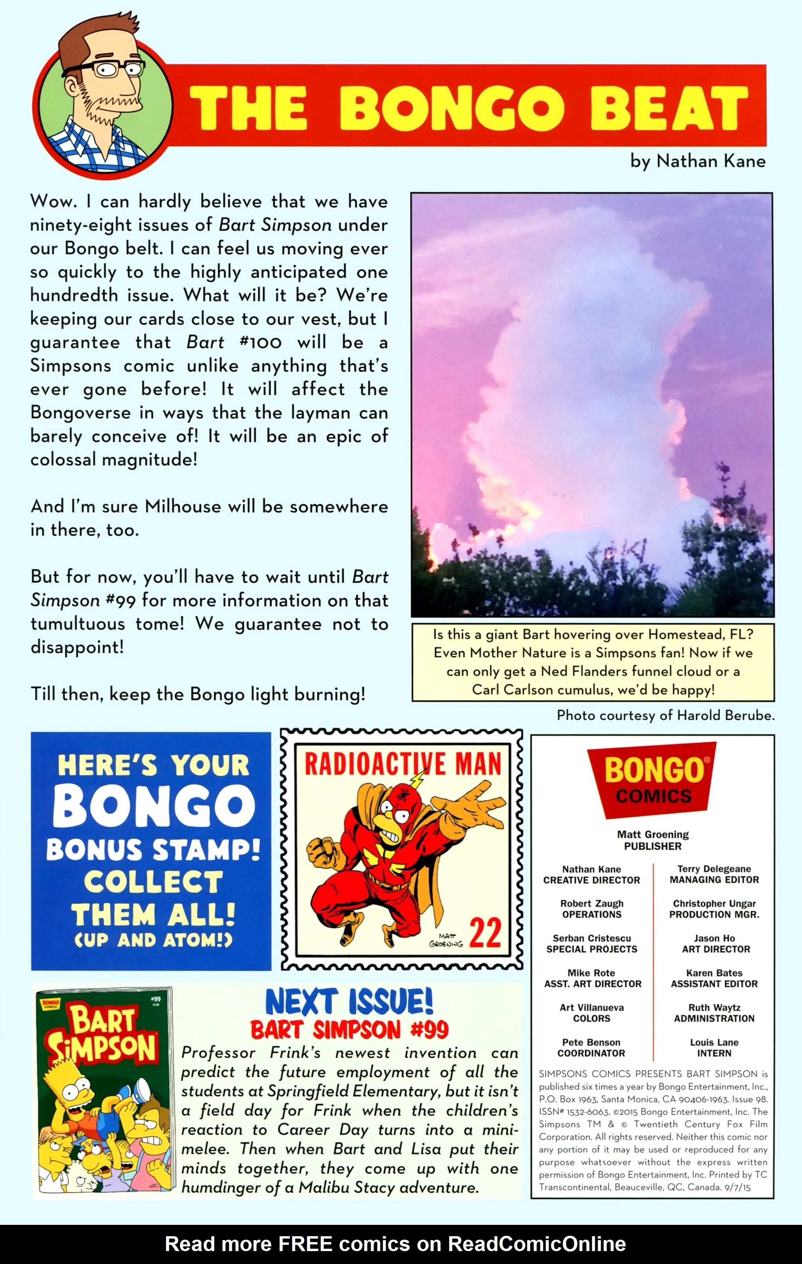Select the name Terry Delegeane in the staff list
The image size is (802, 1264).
pos(714,869)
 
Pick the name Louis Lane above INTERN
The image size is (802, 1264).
pos(714,1042)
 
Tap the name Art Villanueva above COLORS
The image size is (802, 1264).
pos(591,1007)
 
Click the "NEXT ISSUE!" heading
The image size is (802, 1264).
pos(349,1002)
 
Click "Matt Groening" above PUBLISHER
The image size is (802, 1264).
pos(652,834)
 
